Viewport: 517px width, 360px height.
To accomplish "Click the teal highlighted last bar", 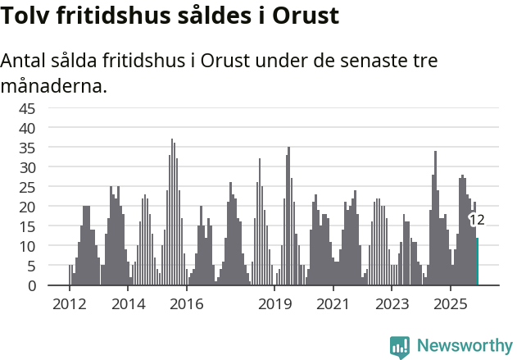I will click(x=478, y=262).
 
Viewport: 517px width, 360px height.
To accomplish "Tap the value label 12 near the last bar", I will click(x=476, y=220).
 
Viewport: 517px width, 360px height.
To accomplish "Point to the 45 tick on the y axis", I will click(x=27, y=108).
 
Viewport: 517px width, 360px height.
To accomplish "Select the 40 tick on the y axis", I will click(x=27, y=128).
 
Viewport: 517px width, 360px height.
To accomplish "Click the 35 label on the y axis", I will click(x=27, y=148).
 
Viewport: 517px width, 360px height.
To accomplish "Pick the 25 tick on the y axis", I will click(x=27, y=187).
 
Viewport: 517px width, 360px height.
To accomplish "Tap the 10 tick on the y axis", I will click(x=27, y=246).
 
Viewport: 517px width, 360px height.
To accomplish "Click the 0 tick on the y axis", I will click(x=31, y=285).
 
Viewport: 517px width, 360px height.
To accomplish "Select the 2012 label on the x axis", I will click(x=69, y=304).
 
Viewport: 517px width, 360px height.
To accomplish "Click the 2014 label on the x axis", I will click(x=128, y=304).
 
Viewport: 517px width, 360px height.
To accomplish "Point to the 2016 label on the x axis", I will click(x=186, y=304).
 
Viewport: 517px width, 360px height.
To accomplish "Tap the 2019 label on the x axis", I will click(x=274, y=304).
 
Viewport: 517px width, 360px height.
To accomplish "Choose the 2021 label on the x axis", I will click(x=333, y=304).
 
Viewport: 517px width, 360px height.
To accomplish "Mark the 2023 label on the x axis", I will click(x=392, y=304).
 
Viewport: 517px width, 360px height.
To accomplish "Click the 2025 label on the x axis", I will click(x=451, y=304).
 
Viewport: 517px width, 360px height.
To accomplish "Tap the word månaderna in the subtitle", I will click(x=53, y=85).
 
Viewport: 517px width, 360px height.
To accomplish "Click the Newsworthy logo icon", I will click(x=400, y=346).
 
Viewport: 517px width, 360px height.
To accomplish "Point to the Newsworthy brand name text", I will click(x=465, y=346).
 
